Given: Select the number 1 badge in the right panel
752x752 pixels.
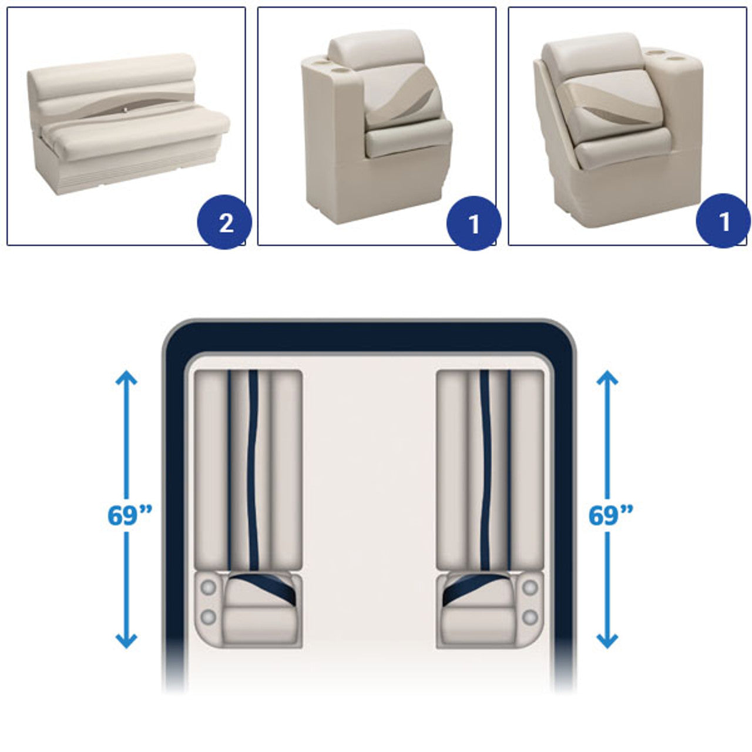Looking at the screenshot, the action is tap(723, 220).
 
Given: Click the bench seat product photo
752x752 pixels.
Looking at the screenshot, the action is tap(129, 124).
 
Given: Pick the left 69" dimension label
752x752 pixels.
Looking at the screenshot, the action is tap(129, 515).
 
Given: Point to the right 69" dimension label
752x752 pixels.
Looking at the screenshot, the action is tap(610, 515).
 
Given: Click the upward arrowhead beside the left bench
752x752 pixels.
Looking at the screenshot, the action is tap(126, 378).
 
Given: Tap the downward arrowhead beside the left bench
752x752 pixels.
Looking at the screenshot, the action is tap(126, 641).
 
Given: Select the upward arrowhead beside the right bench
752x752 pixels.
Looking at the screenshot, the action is tap(607, 378).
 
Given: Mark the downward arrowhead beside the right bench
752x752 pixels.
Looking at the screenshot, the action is tap(607, 641).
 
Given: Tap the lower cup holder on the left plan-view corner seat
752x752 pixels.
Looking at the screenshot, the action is tap(208, 617).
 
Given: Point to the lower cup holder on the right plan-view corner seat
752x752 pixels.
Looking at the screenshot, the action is tap(529, 617).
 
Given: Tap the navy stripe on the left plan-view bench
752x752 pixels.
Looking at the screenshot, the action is tap(253, 470).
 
